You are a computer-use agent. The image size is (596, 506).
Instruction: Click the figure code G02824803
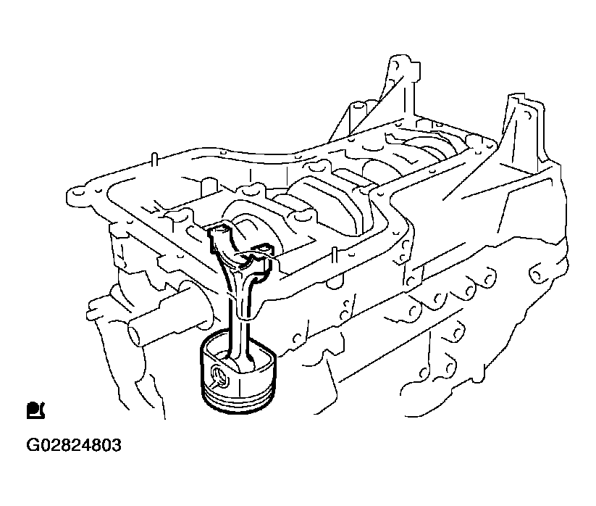coord(74,445)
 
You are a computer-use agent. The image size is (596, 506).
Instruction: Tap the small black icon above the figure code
coord(35,410)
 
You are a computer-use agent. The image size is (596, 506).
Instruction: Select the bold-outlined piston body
coord(238,381)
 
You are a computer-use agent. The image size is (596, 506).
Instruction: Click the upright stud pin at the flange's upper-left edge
coord(154,160)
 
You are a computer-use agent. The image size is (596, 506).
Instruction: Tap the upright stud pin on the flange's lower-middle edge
coord(333,256)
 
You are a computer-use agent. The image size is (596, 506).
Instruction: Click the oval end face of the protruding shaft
coord(134,334)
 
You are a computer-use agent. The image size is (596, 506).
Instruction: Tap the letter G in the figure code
coord(32,445)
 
